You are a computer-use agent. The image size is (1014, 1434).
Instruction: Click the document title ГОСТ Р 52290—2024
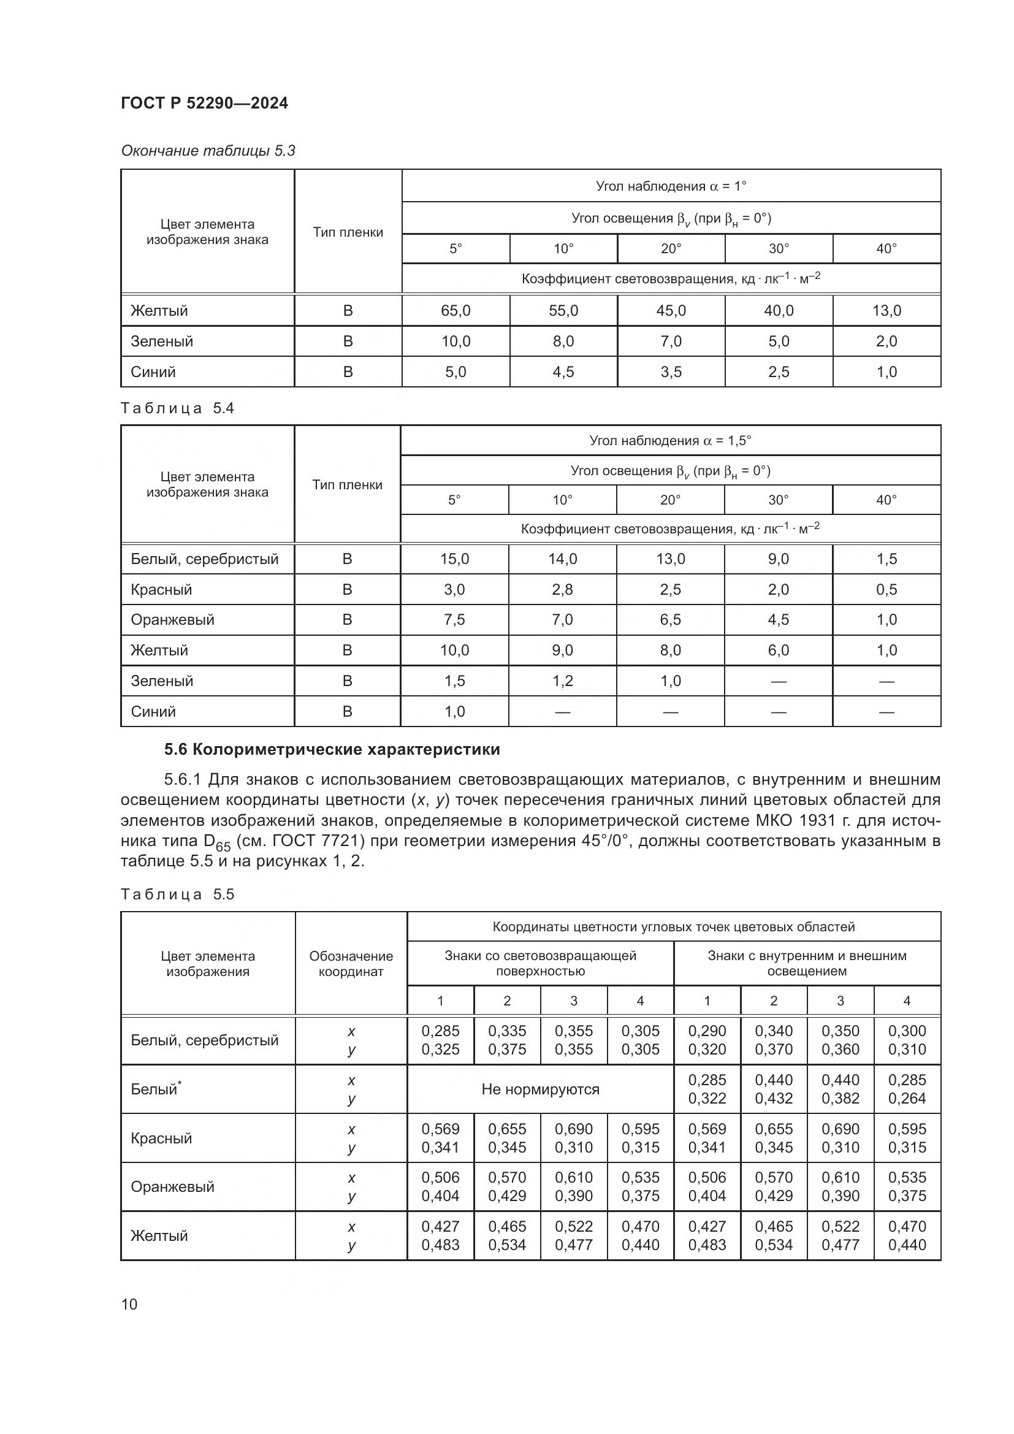click(204, 103)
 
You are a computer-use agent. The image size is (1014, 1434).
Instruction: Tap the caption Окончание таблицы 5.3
click(208, 151)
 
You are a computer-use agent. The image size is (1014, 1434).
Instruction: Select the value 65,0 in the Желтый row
click(456, 310)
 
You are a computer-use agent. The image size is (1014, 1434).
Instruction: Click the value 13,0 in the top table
click(886, 310)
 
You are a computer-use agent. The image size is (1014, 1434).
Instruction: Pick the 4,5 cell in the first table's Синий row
click(563, 372)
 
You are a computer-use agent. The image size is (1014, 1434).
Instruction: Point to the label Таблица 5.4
click(177, 408)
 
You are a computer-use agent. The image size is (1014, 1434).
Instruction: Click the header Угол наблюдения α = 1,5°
click(670, 440)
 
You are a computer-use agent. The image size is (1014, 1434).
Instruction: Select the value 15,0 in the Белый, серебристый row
click(454, 559)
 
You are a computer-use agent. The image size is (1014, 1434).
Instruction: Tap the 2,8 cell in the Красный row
click(562, 589)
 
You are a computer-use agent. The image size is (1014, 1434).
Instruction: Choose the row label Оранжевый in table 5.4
click(172, 620)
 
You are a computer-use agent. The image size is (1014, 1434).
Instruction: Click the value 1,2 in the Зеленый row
click(562, 681)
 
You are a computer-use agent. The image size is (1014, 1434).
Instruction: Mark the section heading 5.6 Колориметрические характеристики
click(332, 749)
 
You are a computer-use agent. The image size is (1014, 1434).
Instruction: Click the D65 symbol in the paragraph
click(216, 842)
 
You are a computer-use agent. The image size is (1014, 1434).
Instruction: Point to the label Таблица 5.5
click(177, 894)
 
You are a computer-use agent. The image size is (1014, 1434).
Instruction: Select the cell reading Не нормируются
click(540, 1089)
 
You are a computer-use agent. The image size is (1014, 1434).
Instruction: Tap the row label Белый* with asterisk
click(156, 1089)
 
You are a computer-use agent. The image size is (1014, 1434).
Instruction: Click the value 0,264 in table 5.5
click(907, 1098)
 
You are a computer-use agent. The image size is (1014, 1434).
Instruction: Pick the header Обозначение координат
click(351, 963)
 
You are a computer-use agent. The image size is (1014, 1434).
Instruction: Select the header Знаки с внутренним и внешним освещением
click(807, 963)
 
